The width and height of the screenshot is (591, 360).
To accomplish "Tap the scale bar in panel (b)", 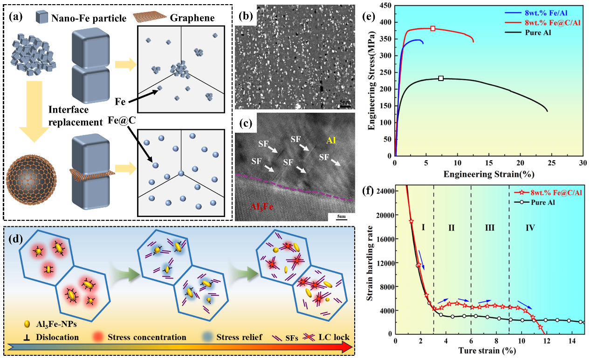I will pos(344,105).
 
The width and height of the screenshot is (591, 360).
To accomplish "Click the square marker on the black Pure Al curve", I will pos(440,78).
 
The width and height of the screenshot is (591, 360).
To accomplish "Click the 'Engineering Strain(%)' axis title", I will pos(488,174).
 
